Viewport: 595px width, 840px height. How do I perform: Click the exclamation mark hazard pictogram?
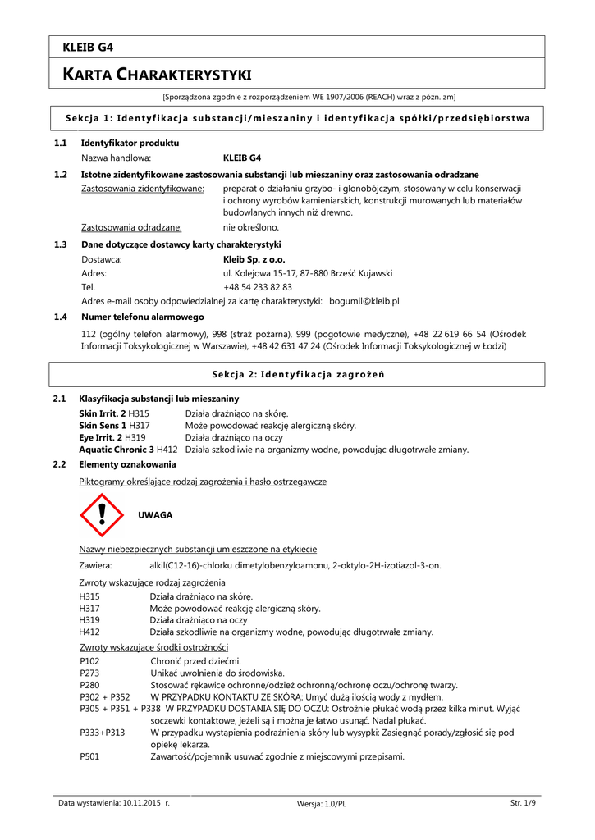101,516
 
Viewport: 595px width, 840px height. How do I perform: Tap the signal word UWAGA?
155,515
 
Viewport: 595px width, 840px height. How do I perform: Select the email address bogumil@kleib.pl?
364,302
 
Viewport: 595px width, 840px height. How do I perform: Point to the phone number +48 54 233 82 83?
258,287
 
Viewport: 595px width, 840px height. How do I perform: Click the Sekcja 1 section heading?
297,119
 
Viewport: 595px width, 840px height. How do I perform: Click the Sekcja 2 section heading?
298,374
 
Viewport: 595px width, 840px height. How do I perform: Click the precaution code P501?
89,756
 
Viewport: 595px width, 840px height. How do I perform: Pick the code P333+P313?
103,732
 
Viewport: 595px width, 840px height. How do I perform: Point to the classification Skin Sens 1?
103,425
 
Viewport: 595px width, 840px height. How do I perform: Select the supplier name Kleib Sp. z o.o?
254,258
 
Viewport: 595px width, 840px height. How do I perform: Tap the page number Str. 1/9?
523,803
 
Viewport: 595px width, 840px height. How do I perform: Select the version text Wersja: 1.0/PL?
322,804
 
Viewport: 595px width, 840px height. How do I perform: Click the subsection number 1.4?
60,317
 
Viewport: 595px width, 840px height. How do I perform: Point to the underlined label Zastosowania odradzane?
131,227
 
